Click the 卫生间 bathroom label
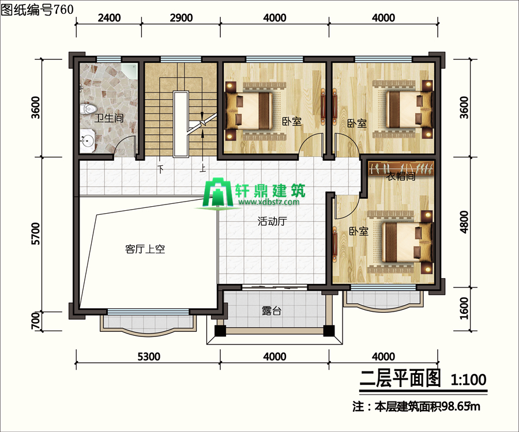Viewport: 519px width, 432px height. click(109, 118)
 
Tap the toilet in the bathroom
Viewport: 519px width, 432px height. click(88, 109)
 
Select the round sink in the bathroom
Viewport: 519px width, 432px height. click(88, 141)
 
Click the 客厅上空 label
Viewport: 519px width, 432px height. click(145, 249)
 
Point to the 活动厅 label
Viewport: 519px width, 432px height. click(272, 221)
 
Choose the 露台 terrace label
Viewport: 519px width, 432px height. click(272, 310)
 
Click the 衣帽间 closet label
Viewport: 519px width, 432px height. click(401, 176)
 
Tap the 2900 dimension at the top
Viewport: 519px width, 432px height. click(181, 17)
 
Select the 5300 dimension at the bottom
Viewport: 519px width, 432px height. click(149, 357)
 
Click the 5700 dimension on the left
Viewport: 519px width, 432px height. click(35, 234)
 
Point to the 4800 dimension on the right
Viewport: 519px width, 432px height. click(464, 222)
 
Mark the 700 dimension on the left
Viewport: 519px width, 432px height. click(35, 321)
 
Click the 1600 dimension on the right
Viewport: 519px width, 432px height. click(464, 308)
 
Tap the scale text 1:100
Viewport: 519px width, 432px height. click(468, 380)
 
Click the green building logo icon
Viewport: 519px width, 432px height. click(217, 194)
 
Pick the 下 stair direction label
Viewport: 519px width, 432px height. click(160, 169)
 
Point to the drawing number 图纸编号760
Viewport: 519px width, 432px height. click(37, 9)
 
